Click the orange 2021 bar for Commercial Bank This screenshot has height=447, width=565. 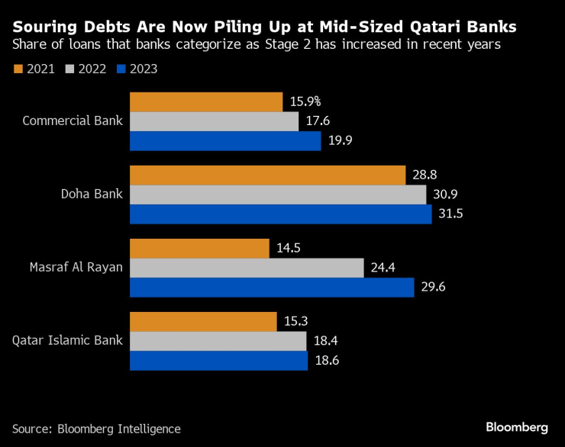[206, 102]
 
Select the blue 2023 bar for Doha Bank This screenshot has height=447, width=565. [281, 214]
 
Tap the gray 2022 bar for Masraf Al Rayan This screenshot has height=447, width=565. [247, 268]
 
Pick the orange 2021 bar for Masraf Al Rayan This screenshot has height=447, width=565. [199, 249]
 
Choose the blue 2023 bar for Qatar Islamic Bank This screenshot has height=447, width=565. [218, 360]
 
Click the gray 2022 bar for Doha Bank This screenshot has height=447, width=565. [278, 195]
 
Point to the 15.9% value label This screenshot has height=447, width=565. [305, 101]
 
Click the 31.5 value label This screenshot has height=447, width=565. [450, 214]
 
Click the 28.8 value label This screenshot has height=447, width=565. [424, 175]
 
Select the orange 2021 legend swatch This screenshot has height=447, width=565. [18, 69]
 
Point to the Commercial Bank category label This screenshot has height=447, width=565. [73, 121]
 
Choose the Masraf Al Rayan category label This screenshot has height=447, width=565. [76, 267]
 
